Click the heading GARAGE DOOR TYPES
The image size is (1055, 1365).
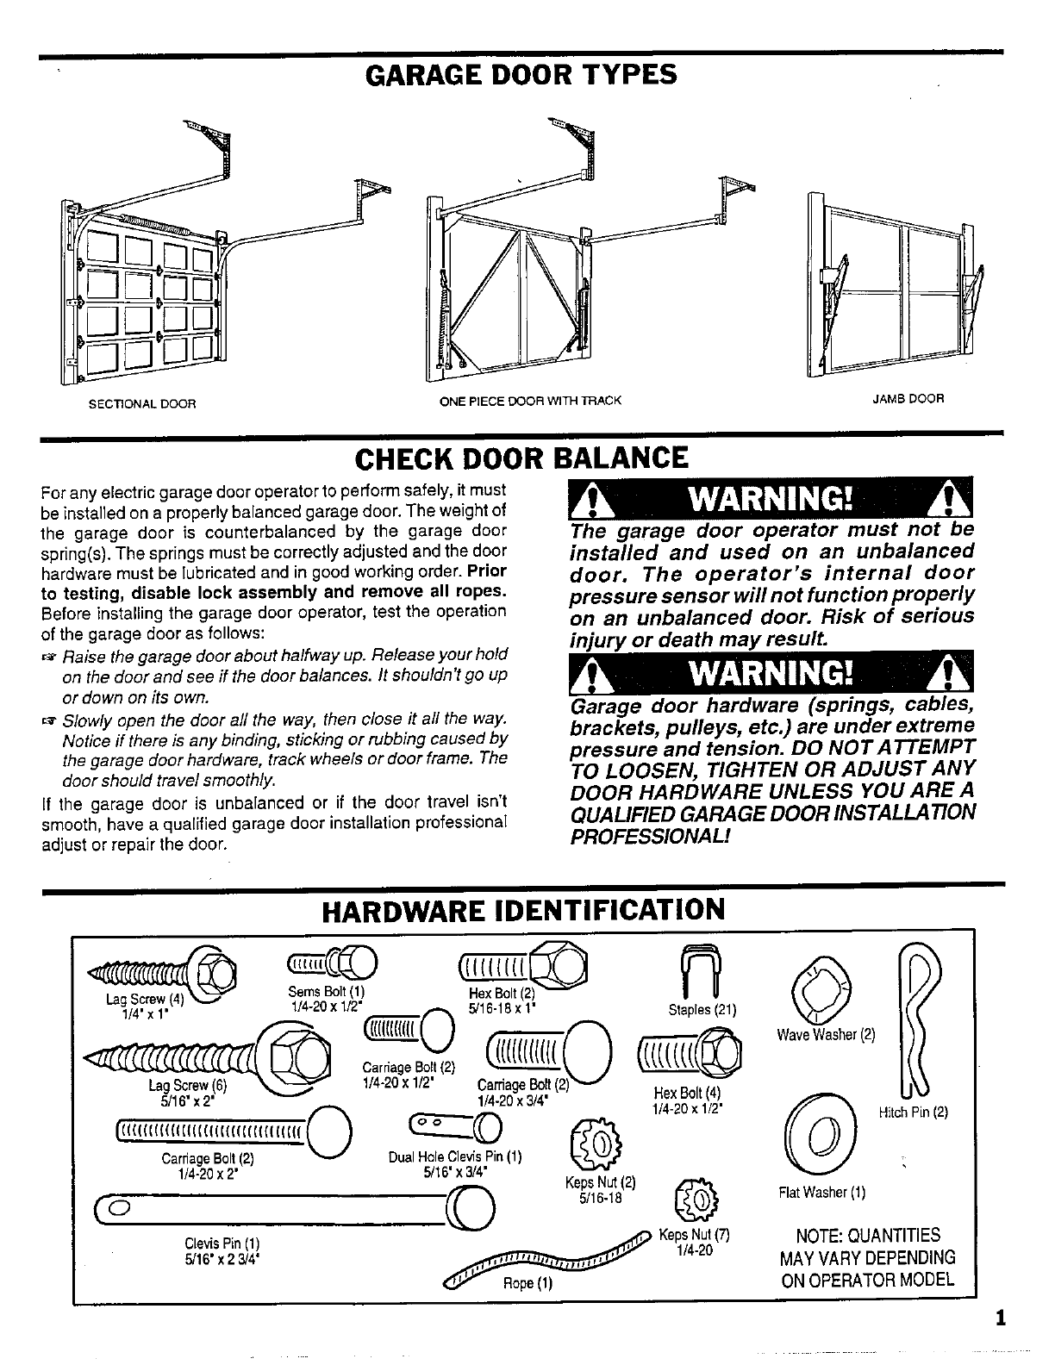(521, 75)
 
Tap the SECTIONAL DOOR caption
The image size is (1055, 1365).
(143, 403)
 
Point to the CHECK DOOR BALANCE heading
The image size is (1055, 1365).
(521, 458)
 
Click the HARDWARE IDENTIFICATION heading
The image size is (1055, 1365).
(522, 909)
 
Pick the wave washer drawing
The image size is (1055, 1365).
(820, 987)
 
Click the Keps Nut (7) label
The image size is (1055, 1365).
(695, 1233)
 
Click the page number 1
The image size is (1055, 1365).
(999, 1318)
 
